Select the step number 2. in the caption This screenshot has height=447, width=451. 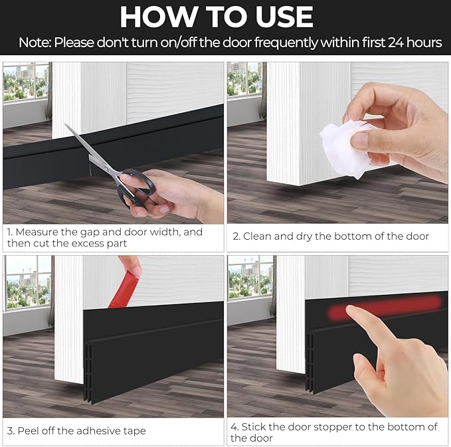click(236, 236)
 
